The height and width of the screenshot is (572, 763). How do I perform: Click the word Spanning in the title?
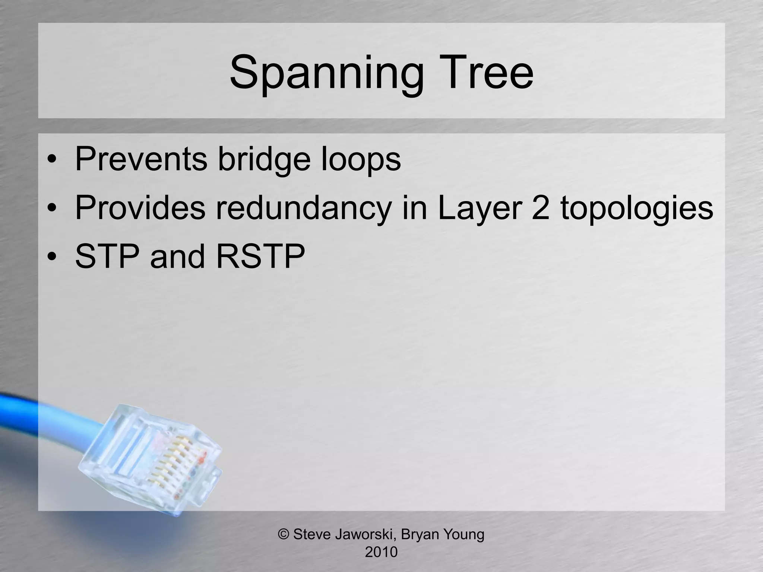326,73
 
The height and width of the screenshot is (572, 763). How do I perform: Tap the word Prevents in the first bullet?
141,159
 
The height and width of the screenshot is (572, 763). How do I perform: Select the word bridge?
264,159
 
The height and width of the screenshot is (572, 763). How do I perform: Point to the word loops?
361,159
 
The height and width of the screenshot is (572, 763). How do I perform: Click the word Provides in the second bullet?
140,207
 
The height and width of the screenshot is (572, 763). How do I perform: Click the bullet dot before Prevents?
52,160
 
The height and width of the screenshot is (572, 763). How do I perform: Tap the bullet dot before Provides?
52,209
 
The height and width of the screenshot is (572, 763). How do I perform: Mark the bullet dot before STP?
52,257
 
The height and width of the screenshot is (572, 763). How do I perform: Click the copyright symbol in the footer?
284,534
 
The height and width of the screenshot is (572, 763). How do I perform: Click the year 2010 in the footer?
381,552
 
